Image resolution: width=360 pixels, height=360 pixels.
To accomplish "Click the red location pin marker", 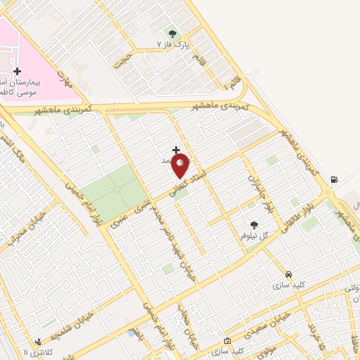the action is pos(181,166).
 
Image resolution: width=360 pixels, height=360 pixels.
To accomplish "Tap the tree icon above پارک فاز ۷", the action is pos(172,33).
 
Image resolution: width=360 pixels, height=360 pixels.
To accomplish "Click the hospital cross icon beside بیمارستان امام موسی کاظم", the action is pos(17,72).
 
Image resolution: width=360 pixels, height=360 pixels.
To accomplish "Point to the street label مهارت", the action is pos(65,80).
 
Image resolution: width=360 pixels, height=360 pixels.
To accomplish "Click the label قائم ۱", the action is pos(229,83).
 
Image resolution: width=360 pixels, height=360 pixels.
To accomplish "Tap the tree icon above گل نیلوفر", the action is pos(254,225).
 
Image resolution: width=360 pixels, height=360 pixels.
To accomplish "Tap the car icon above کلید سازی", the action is pos(288,274).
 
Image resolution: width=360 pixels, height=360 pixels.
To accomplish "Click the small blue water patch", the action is pos(131,333).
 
